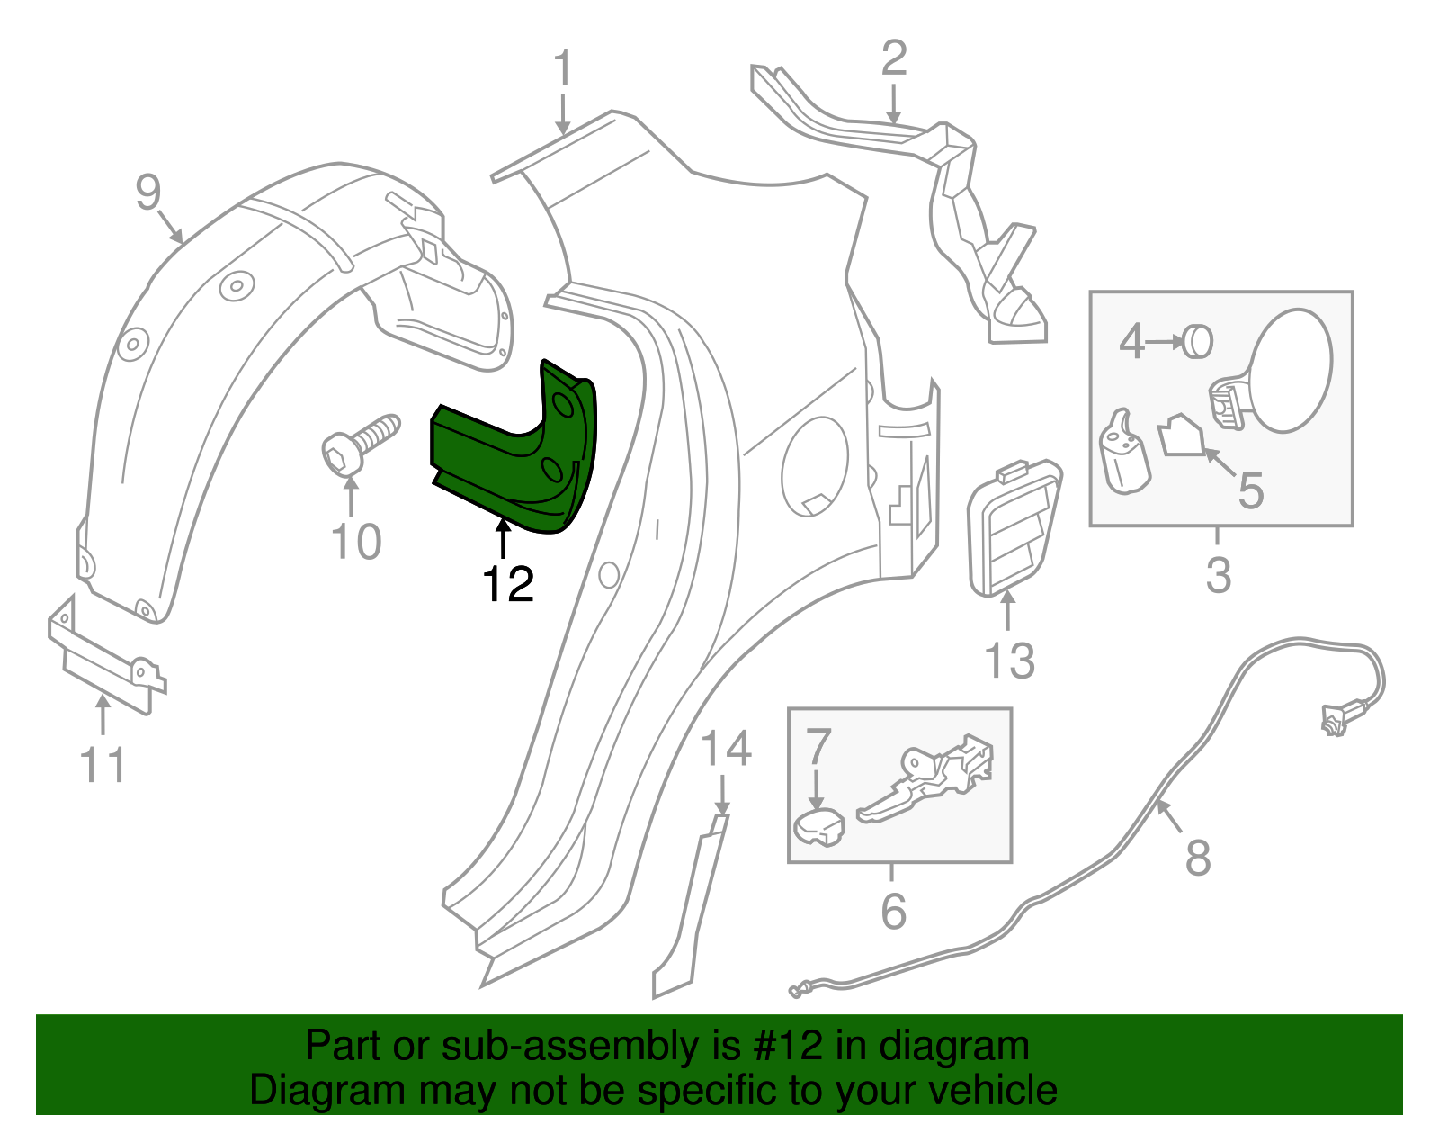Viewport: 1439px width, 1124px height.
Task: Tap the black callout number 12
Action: click(508, 585)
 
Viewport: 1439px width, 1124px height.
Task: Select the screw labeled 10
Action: click(360, 445)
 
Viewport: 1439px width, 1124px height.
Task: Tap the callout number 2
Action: click(893, 58)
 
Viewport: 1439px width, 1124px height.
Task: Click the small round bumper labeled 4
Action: click(1198, 341)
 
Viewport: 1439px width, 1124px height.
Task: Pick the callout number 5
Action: click(1251, 490)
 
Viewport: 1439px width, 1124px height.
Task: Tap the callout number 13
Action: click(1010, 661)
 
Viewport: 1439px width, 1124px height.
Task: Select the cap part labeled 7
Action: click(818, 827)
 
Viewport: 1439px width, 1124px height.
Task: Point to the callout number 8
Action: click(1198, 857)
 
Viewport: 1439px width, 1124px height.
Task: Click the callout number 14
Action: click(726, 749)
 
